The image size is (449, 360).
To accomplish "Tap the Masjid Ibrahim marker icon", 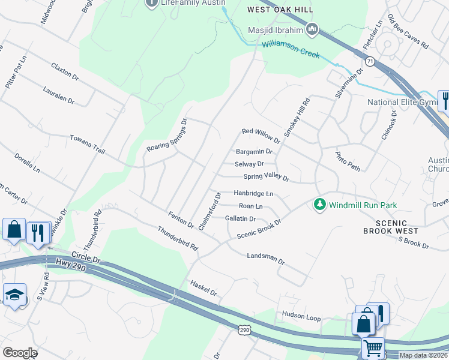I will pos(312,29).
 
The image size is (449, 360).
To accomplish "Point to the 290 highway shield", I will pos(244,331).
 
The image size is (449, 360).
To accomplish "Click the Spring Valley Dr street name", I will pos(266,178).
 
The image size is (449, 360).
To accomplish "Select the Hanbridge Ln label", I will pos(253,194).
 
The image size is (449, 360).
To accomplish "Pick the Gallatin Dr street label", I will pos(240,219).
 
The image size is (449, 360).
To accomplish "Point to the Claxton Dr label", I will pos(65,72).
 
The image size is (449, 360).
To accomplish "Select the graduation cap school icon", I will pos(13,295).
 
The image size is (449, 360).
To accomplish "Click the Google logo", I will pos(19,353).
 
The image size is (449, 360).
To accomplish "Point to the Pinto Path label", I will pos(348,161).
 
